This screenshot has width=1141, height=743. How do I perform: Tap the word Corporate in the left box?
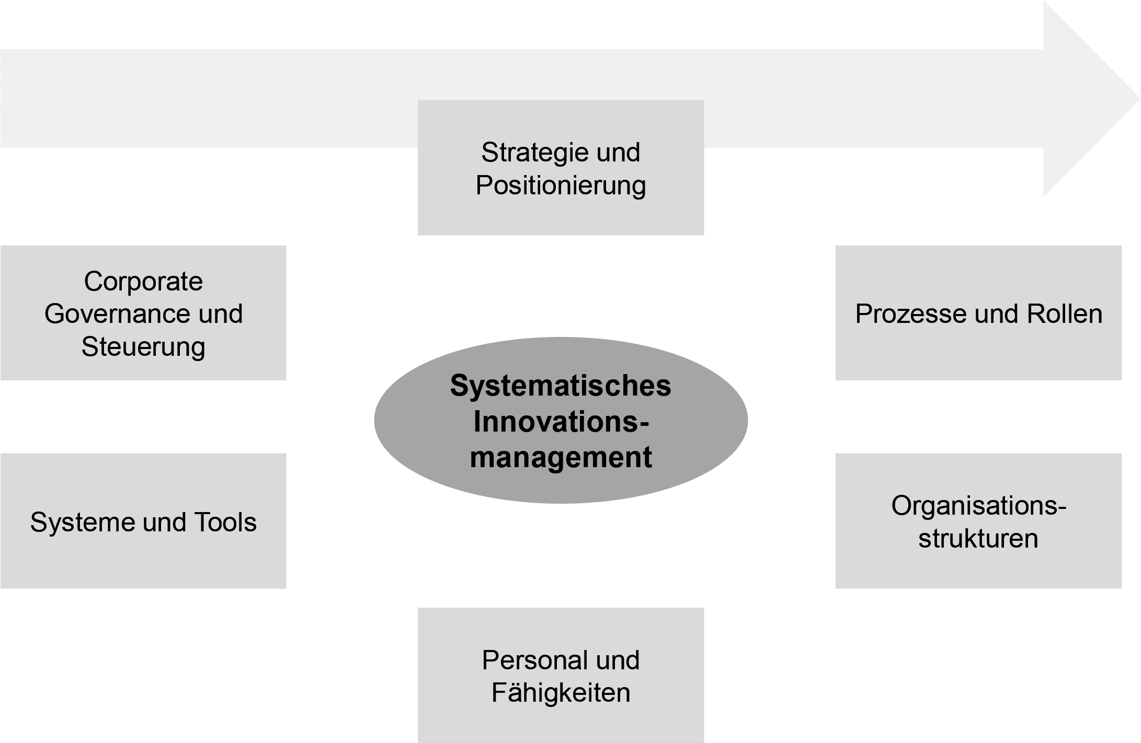[x=143, y=282]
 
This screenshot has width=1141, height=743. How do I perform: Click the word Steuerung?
[x=143, y=347]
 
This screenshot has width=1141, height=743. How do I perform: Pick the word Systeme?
[x=82, y=523]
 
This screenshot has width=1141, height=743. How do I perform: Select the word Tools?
[x=225, y=523]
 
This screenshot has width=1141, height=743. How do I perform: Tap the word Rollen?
[x=1065, y=315]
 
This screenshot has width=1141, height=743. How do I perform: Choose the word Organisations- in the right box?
[x=978, y=506]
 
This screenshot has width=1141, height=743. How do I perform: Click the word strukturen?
[x=978, y=539]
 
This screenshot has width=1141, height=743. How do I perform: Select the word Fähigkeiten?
[x=561, y=693]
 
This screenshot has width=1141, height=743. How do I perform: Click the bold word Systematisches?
[x=561, y=386]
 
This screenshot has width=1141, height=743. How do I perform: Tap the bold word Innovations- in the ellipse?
[x=561, y=422]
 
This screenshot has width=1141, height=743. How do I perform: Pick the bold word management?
[x=561, y=458]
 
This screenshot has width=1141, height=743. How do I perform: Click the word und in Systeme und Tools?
[x=164, y=523]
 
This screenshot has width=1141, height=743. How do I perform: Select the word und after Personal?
[x=618, y=660]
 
